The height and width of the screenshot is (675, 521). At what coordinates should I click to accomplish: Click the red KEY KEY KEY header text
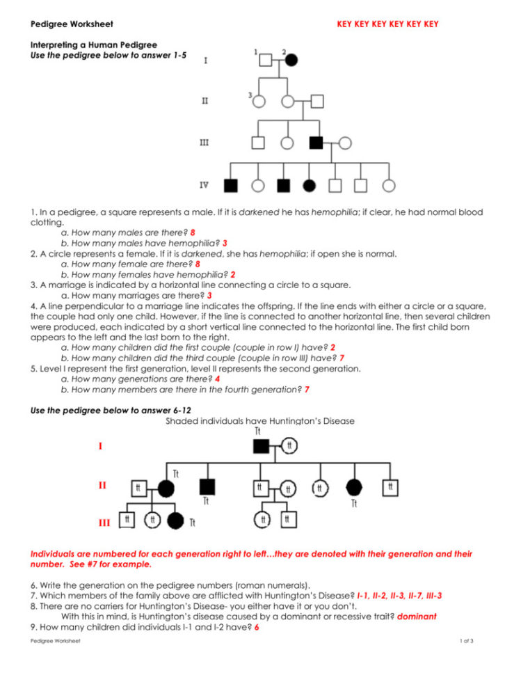point(387,24)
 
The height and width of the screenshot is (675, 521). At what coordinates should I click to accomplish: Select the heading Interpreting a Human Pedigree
point(94,45)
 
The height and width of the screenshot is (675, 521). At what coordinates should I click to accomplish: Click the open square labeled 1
point(266,60)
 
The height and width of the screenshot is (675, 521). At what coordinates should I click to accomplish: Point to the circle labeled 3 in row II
point(259,102)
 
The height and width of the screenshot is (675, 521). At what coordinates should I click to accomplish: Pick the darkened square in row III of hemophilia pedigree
point(315,143)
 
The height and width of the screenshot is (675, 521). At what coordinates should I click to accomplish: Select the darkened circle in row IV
point(310,186)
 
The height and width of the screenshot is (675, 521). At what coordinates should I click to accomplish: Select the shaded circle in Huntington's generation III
point(175,519)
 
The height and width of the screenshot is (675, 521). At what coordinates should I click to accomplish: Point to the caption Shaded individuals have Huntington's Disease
point(260,420)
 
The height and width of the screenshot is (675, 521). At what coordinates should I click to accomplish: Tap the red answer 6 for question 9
point(257,628)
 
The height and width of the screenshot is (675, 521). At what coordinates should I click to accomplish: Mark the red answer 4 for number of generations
point(218,379)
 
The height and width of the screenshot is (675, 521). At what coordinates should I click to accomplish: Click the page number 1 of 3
point(466,640)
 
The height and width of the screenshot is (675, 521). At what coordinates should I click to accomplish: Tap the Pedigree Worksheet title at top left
point(62,24)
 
